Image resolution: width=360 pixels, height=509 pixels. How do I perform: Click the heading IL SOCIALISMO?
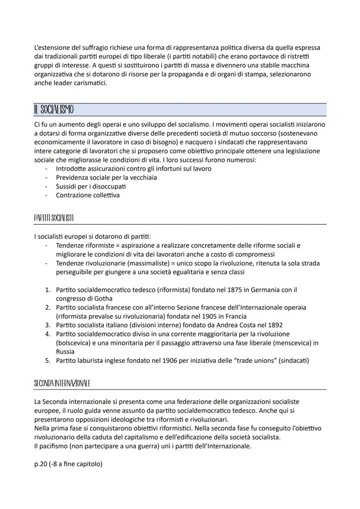point(53,110)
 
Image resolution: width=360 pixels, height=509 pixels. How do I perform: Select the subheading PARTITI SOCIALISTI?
point(53,218)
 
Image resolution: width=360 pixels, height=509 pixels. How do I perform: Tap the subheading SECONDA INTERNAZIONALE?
point(62,383)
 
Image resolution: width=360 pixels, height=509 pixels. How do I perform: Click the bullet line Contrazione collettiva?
point(87,195)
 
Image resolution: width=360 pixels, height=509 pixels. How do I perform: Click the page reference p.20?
point(42,464)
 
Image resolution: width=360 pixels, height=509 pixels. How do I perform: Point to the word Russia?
point(66,352)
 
